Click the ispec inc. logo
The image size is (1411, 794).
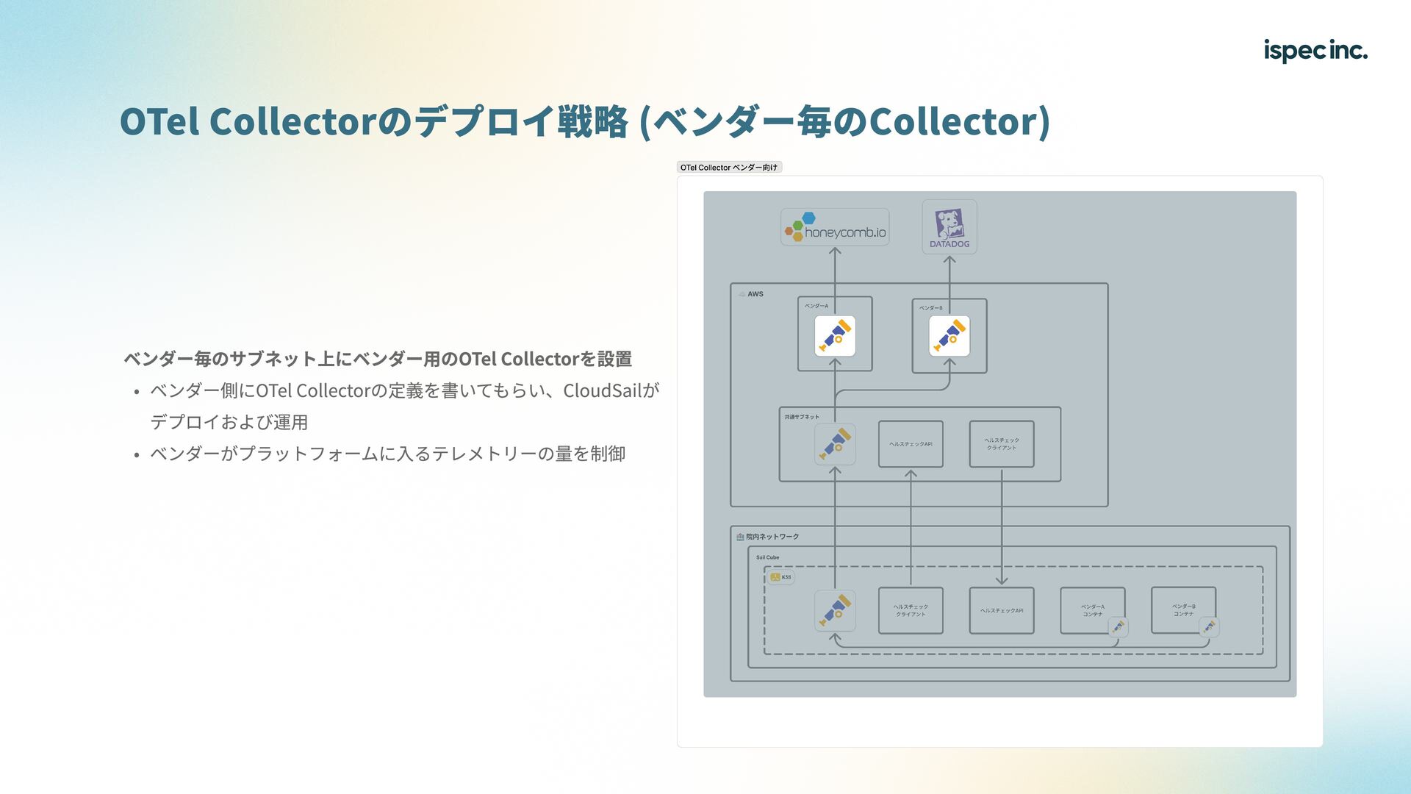tap(1315, 50)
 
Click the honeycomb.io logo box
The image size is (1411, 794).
tap(835, 227)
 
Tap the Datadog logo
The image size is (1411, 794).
tap(949, 227)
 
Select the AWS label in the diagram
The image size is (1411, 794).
tap(755, 294)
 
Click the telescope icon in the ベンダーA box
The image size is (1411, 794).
tap(835, 336)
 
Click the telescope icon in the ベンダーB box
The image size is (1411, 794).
tap(949, 336)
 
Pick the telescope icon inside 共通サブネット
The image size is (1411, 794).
tap(835, 444)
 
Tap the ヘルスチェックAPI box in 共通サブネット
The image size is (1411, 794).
tap(911, 444)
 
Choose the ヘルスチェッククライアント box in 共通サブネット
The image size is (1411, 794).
tap(1002, 444)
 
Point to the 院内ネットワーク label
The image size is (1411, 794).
tap(772, 537)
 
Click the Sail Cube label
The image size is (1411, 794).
tap(767, 557)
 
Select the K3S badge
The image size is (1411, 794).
tap(780, 577)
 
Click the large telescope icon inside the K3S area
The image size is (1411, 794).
tap(835, 610)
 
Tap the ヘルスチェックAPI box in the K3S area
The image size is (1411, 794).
tap(1002, 610)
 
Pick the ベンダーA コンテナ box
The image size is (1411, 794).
tap(1092, 609)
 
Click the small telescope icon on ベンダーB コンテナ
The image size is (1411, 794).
tap(1209, 626)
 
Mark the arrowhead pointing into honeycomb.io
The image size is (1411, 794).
tap(835, 251)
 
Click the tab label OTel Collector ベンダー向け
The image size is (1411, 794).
tap(728, 168)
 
